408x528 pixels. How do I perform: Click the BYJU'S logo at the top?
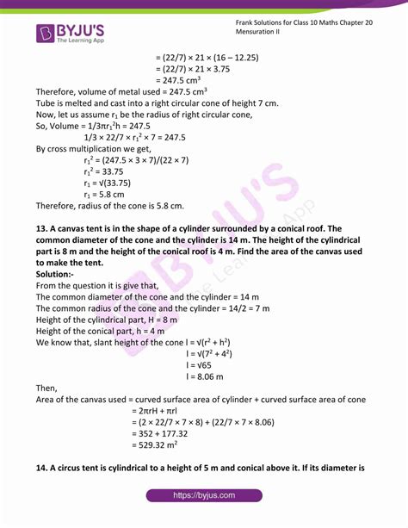(x=71, y=33)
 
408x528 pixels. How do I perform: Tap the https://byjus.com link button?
(x=204, y=496)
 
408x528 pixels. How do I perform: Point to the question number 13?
(x=43, y=227)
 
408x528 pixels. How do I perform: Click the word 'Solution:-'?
(x=59, y=273)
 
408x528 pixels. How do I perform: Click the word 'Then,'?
(x=48, y=388)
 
